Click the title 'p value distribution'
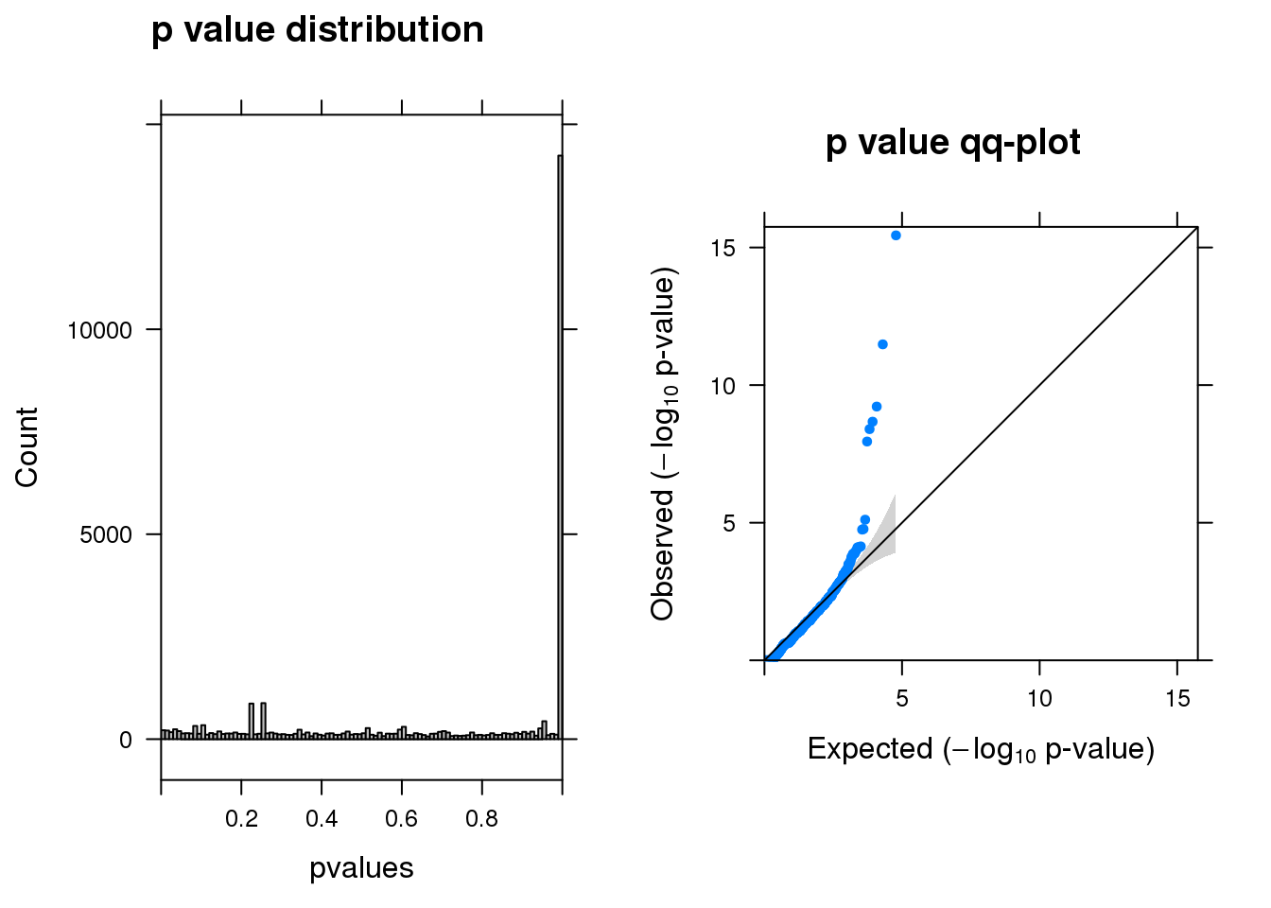click(x=317, y=30)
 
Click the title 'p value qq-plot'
click(x=952, y=143)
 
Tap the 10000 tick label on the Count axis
click(x=99, y=330)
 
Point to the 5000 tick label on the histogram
click(x=106, y=535)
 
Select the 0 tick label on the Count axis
click(x=126, y=741)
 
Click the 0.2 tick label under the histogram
click(x=241, y=819)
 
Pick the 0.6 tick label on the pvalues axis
click(x=401, y=819)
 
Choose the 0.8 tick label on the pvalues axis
click(x=481, y=819)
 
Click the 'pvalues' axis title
click(x=361, y=868)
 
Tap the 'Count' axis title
click(x=26, y=447)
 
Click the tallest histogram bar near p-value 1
click(x=560, y=445)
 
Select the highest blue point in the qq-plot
click(x=896, y=236)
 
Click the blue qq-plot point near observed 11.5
click(x=882, y=344)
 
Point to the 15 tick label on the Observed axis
click(x=723, y=248)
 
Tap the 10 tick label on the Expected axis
click(x=1039, y=699)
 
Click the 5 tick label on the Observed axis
click(x=729, y=523)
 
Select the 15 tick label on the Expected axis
click(x=1177, y=699)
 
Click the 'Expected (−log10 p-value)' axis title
click(x=981, y=750)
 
